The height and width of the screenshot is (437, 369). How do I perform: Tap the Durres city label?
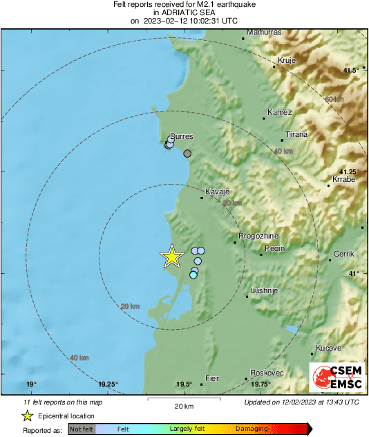pos(182,137)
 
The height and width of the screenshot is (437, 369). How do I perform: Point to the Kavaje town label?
pos(217,192)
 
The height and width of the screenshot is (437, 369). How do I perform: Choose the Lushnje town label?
pos(264,290)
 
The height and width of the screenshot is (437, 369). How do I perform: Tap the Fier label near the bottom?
pos(213,378)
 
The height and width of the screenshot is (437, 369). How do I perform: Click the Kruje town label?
pos(286,61)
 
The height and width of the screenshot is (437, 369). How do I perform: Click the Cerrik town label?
pos(343,254)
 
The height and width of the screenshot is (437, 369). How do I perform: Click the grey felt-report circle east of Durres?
pos(187,154)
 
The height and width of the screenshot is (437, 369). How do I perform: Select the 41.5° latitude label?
pos(352,71)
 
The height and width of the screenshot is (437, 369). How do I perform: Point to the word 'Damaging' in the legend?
pos(252,429)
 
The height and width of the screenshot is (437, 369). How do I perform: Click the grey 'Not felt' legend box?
pos(82,429)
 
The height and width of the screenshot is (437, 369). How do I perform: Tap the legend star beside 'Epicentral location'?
pos(27,416)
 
